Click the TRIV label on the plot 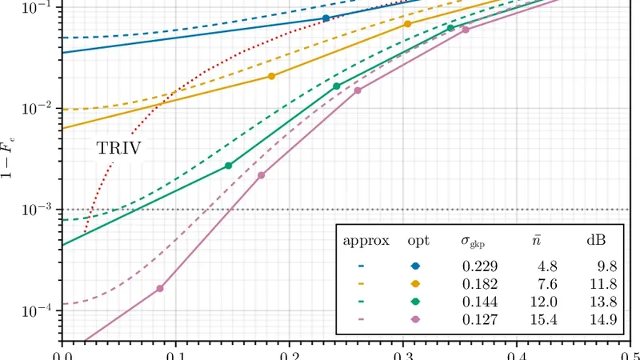tap(118, 148)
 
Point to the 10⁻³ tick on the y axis tap(37, 210)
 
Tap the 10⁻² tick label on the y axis tap(37, 108)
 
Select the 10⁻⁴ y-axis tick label tap(37, 311)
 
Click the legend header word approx tap(366, 241)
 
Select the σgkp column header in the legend tap(473, 242)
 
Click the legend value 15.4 tap(544, 318)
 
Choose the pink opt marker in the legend tap(416, 318)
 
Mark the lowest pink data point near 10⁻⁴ tap(160, 288)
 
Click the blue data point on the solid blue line tap(326, 18)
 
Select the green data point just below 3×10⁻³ tap(229, 166)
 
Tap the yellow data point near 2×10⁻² tap(271, 76)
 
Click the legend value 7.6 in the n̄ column tap(547, 283)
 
